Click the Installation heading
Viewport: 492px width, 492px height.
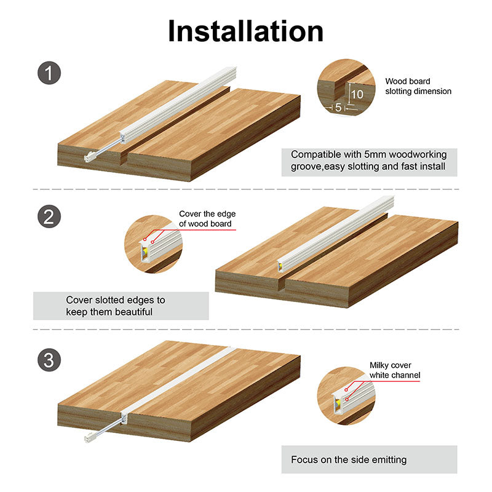pos(245,31)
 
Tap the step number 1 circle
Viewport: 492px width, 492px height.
pos(49,73)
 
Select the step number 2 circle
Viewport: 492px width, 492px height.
pos(49,216)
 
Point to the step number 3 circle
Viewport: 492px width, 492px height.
pos(49,360)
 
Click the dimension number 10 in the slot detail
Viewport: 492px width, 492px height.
pos(357,95)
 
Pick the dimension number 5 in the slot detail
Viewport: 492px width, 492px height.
pos(338,107)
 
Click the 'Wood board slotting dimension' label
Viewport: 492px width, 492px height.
pos(418,86)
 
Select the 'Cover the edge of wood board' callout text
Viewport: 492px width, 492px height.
pos(207,219)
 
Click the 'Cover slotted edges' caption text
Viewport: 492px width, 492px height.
pos(116,306)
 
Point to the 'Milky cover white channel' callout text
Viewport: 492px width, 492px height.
pos(395,370)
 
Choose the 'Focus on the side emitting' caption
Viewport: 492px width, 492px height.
pos(349,459)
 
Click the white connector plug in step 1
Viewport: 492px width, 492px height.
pos(89,157)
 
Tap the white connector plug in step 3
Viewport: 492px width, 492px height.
pos(89,437)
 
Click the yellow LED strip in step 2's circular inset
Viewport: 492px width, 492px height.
pos(145,252)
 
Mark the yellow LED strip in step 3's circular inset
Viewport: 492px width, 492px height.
pos(338,403)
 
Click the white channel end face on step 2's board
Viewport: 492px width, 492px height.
pos(280,267)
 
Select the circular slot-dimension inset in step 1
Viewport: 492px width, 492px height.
pos(346,87)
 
